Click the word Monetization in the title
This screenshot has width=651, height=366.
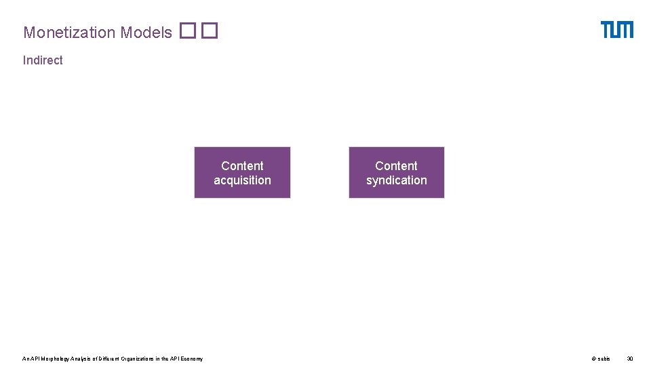69,33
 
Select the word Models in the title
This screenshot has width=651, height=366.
146,33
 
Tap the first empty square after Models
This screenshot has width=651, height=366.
188,31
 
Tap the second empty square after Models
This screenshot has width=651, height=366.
209,31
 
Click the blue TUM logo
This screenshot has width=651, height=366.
616,30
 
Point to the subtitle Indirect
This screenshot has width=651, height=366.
43,60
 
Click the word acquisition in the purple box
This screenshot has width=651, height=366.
242,180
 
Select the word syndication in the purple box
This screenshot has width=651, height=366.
397,180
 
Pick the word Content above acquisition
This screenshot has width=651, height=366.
242,165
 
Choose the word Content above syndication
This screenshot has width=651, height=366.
397,165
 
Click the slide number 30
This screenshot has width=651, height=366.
629,359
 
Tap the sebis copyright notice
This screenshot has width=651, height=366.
600,359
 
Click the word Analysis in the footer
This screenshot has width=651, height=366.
81,359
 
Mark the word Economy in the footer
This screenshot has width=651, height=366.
191,359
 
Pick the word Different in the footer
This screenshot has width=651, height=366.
109,359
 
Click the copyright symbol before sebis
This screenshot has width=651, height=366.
593,359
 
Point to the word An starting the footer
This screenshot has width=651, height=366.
26,359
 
